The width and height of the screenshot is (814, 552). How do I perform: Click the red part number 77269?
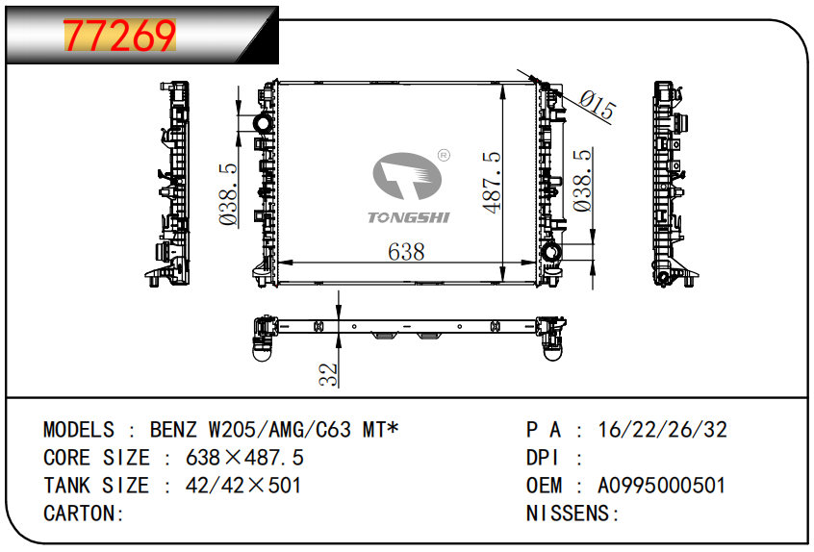pyautogui.click(x=120, y=36)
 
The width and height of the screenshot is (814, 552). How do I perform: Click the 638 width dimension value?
pyautogui.click(x=406, y=252)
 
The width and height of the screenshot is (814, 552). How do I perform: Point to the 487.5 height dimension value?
pyautogui.click(x=492, y=182)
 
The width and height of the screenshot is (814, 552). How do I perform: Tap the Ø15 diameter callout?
pyautogui.click(x=598, y=105)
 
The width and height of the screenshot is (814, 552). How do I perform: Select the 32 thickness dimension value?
pyautogui.click(x=328, y=374)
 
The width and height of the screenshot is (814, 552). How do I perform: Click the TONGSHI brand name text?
pyautogui.click(x=409, y=217)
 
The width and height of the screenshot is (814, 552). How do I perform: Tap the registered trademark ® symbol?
pyautogui.click(x=444, y=155)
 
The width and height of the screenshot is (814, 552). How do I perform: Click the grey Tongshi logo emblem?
pyautogui.click(x=407, y=176)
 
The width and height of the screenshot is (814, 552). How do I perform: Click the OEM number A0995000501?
pyautogui.click(x=661, y=486)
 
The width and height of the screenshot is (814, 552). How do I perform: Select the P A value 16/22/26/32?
pyautogui.click(x=662, y=430)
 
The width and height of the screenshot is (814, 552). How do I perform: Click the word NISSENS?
pyautogui.click(x=567, y=514)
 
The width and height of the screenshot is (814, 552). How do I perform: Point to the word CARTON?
pyautogui.click(x=80, y=514)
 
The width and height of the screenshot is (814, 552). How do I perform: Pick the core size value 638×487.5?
pyautogui.click(x=244, y=458)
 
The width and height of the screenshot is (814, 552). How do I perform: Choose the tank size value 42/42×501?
pyautogui.click(x=243, y=486)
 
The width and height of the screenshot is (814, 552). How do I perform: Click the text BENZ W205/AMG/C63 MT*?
pyautogui.click(x=274, y=430)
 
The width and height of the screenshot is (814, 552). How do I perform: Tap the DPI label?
pyautogui.click(x=542, y=458)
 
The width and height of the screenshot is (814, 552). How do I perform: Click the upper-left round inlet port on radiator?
pyautogui.click(x=262, y=123)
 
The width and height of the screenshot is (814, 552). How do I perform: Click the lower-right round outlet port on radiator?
pyautogui.click(x=550, y=253)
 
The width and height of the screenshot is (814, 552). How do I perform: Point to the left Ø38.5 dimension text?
pyautogui.click(x=228, y=194)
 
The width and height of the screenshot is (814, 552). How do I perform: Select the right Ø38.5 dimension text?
pyautogui.click(x=582, y=181)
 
